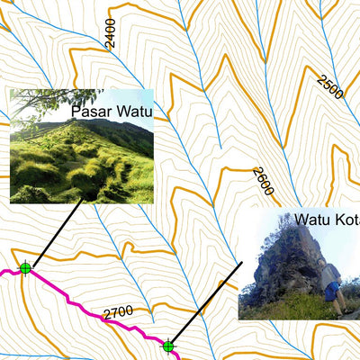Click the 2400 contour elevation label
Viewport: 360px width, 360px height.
tap(110, 33)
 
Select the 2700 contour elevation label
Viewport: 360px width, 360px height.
tap(118, 313)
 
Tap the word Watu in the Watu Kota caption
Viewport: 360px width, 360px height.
tap(314, 220)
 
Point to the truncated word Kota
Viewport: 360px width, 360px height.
tap(348, 220)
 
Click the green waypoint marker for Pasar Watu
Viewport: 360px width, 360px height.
tap(25, 267)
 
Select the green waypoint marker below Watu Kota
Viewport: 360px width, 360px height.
tap(168, 346)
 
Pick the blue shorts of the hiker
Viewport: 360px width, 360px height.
tap(334, 292)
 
